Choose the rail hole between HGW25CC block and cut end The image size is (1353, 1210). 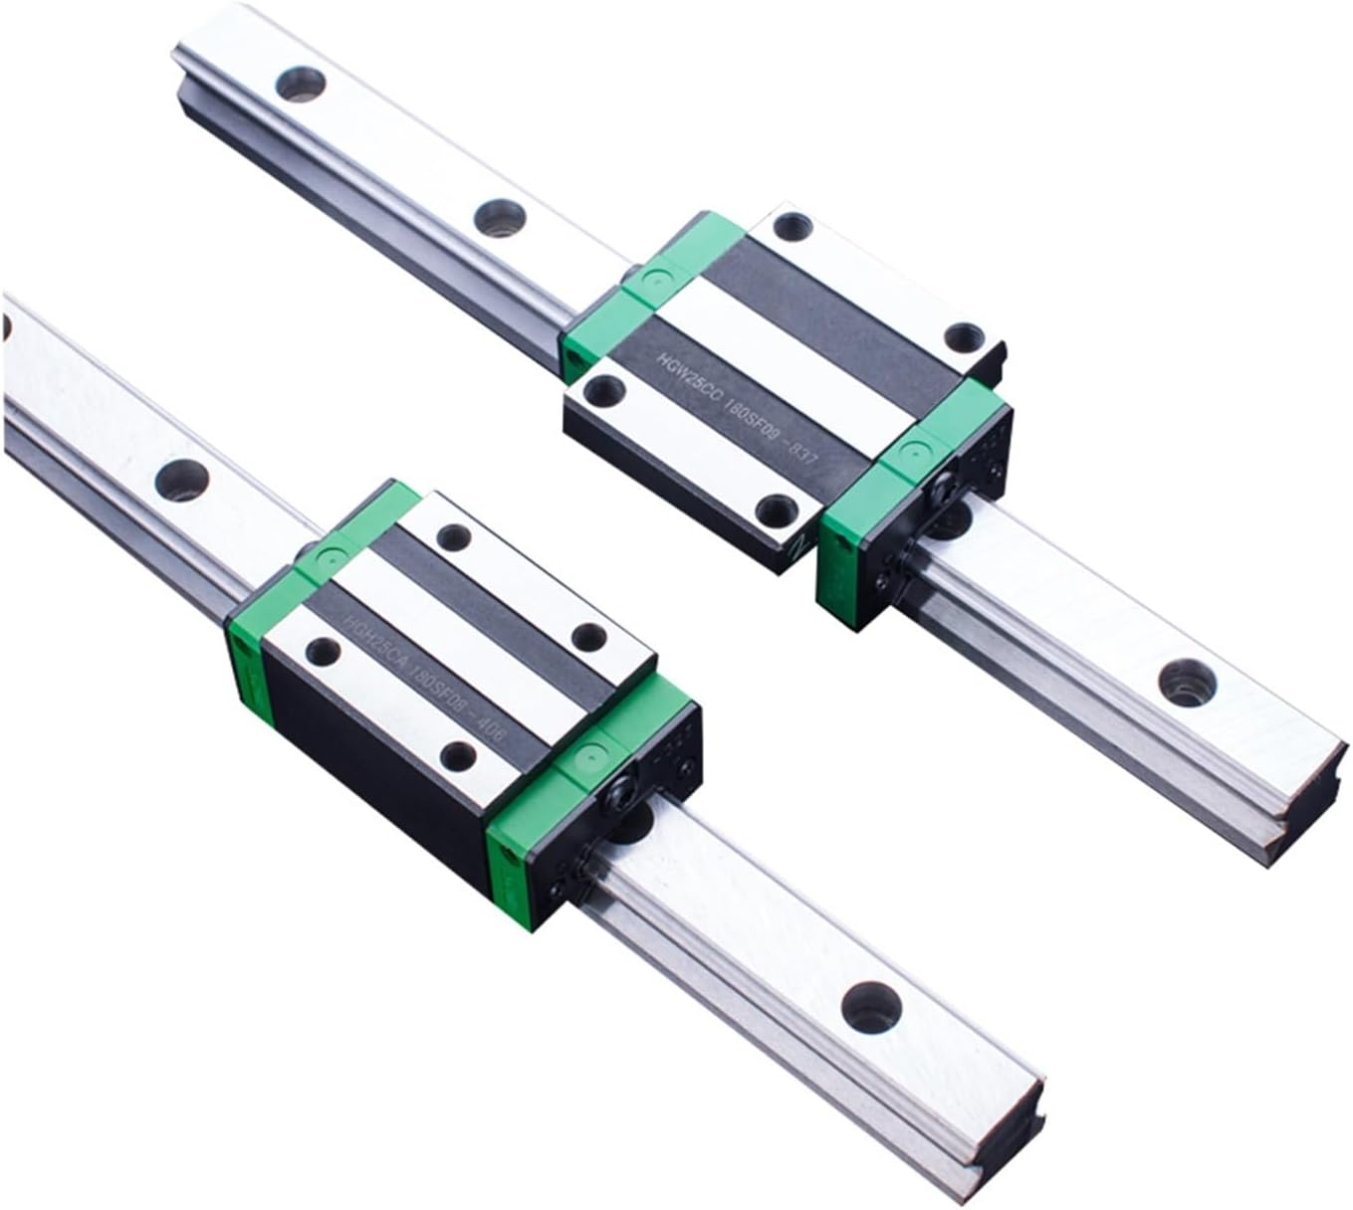(1181, 680)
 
